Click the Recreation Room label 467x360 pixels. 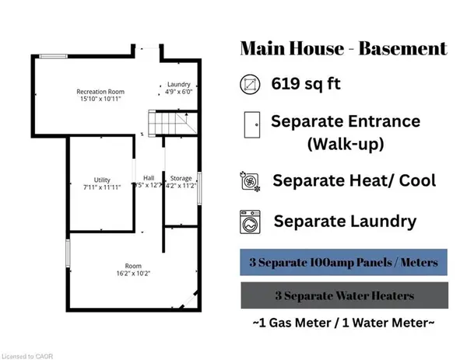coord(100,92)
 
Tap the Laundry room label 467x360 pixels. coord(178,85)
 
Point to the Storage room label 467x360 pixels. coord(181,177)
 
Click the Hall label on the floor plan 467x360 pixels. coord(148,177)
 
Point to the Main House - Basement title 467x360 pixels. coord(343,49)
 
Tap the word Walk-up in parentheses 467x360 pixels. coord(344,145)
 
